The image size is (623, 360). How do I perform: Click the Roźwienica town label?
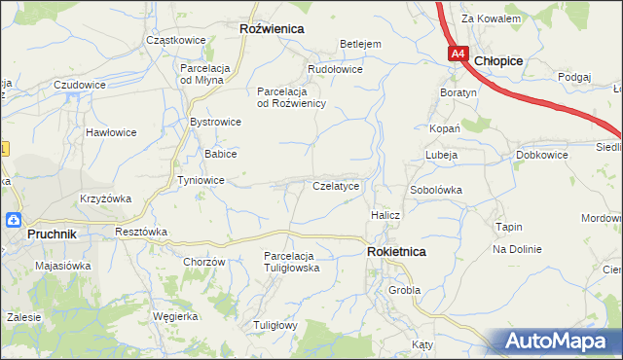272,29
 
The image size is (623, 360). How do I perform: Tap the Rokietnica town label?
396,251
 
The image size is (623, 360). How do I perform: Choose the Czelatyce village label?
336,185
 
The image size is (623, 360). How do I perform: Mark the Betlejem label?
359,44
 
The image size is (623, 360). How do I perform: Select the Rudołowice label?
335,69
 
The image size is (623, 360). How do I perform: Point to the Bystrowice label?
215,122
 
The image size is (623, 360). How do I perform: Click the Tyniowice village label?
202,180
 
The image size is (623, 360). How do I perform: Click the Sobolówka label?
435,190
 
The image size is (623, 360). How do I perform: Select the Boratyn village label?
458,92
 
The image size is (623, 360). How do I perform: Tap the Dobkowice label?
542,155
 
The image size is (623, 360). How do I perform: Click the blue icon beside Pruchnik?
13,220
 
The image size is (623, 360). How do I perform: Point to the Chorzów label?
204,262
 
